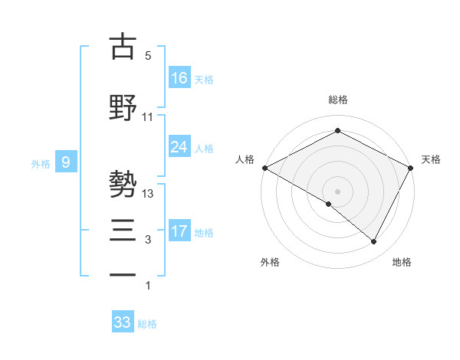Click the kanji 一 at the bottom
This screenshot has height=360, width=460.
pyautogui.click(x=123, y=273)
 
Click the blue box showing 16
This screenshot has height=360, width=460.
pyautogui.click(x=179, y=77)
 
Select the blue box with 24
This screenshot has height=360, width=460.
pyautogui.click(x=179, y=147)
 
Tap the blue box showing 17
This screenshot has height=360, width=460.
pyautogui.click(x=179, y=231)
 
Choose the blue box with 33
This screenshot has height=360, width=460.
pyautogui.click(x=123, y=322)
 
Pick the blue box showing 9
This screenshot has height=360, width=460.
pyautogui.click(x=66, y=162)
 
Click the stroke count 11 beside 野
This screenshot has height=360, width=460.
pyautogui.click(x=148, y=117)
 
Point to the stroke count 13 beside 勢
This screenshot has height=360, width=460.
pyautogui.click(x=148, y=194)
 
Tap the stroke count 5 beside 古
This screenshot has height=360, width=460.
pyautogui.click(x=148, y=56)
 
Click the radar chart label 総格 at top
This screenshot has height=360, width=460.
pyautogui.click(x=337, y=100)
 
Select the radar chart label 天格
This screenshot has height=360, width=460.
pyautogui.click(x=431, y=159)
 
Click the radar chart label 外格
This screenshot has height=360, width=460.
pyautogui.click(x=270, y=262)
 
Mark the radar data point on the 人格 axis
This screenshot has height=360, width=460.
pyautogui.click(x=264, y=168)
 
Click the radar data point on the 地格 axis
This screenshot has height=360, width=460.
pyautogui.click(x=374, y=242)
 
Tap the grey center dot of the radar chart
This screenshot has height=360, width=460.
pyautogui.click(x=337, y=191)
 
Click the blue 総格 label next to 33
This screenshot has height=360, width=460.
pyautogui.click(x=148, y=324)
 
